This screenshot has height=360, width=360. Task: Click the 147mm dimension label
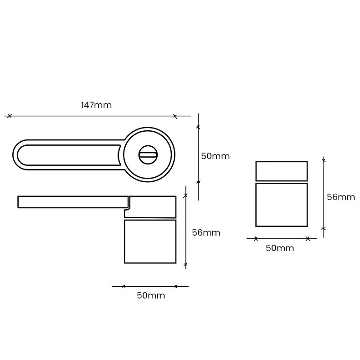pos(97,105)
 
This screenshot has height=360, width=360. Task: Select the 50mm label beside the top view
pos(216,156)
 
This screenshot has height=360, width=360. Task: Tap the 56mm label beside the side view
pos(206,233)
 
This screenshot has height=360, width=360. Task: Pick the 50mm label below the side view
pos(151,295)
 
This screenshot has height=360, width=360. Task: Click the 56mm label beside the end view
pos(341,197)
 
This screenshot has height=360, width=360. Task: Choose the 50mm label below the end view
pos(280,248)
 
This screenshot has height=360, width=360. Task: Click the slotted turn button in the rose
pos(148,155)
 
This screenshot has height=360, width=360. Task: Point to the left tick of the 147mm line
pos(9,116)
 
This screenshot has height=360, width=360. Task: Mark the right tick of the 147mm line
pos(175,116)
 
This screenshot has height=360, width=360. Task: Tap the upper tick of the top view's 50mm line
pos(198,127)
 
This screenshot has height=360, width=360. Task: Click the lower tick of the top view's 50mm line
pos(198,182)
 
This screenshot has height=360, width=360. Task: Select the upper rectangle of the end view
pos(282,171)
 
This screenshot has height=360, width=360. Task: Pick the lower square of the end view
pos(282,205)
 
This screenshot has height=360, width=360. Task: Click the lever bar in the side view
pos(73,202)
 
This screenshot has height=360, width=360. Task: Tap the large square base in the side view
pos(150,242)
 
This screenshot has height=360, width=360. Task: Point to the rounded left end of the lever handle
pos(13,155)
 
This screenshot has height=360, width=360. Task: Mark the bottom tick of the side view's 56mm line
pos(185,264)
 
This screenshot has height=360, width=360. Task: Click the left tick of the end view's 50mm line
pos(256,239)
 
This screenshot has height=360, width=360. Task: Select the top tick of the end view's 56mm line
pos(324,160)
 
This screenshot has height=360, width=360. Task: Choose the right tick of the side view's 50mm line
pos(176,286)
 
